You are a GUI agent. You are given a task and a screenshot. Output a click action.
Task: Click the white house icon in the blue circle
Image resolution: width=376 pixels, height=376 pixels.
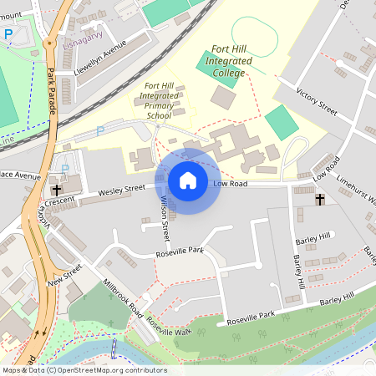(x=188, y=180)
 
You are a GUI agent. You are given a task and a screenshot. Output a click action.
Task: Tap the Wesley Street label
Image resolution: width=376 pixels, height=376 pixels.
(x=122, y=192)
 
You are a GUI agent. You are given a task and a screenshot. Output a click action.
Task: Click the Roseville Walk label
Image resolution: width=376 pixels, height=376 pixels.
(x=169, y=327)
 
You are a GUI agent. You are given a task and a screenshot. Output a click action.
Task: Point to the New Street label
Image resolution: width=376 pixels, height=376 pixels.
(x=66, y=275)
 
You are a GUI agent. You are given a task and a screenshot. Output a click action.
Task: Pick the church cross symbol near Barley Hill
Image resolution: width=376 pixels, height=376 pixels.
(x=319, y=200)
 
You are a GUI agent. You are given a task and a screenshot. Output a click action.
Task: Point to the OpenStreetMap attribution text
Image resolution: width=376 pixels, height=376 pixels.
(x=84, y=370)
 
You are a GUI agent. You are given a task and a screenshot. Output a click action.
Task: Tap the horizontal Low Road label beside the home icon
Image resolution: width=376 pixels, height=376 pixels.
(x=231, y=183)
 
